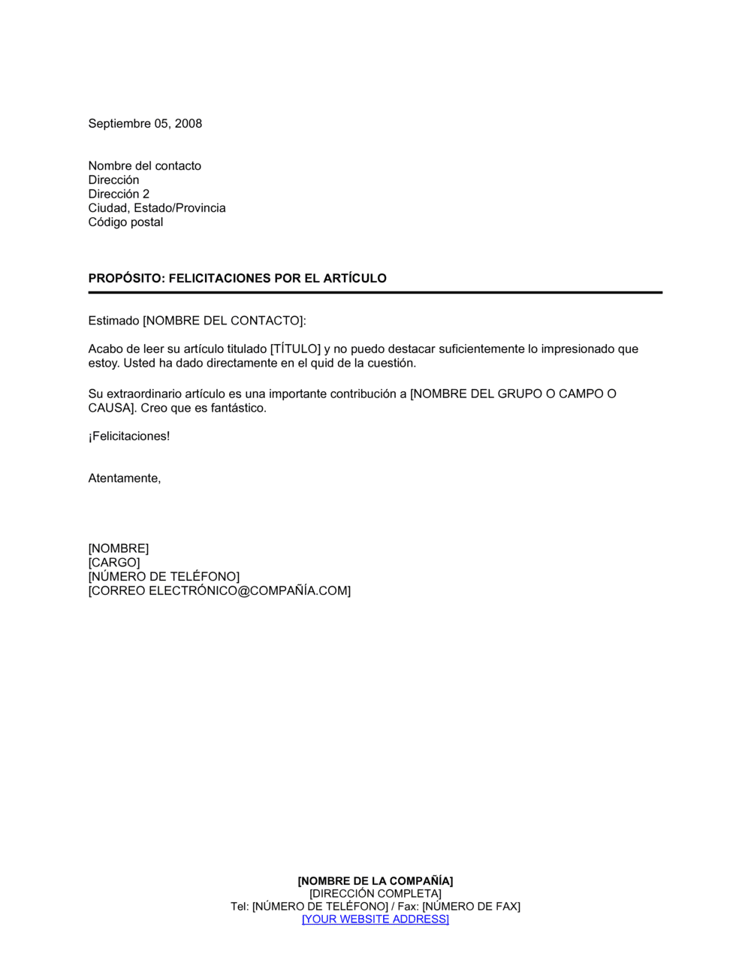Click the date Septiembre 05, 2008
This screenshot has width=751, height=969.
pos(145,124)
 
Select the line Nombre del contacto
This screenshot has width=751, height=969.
pos(144,166)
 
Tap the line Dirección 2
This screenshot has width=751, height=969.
pos(119,194)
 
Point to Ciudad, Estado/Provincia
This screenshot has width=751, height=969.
pos(156,208)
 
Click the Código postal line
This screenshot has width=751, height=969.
pos(125,222)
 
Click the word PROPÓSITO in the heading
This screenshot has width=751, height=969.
pos(125,279)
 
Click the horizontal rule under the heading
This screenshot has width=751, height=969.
pos(375,292)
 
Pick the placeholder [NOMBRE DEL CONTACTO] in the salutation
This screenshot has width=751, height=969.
pos(223,321)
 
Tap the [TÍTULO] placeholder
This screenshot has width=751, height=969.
pos(295,349)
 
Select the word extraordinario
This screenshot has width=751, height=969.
pos(149,394)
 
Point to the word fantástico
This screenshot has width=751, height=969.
pos(239,409)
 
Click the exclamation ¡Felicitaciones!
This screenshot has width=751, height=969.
pos(129,436)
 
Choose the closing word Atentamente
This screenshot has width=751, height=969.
pos(124,478)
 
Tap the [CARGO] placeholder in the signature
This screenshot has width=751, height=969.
pos(114,563)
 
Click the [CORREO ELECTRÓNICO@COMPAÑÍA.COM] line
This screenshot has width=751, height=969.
pos(219,591)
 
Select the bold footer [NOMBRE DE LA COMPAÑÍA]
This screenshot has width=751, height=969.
pos(375,881)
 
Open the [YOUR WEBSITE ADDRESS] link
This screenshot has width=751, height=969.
pos(375,919)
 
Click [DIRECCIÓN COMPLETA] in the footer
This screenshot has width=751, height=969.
pos(375,894)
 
